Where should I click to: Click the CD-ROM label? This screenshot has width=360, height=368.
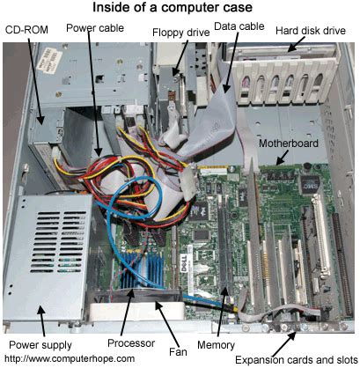click(x=27, y=29)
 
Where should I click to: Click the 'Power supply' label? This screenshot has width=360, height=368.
click(x=37, y=342)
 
